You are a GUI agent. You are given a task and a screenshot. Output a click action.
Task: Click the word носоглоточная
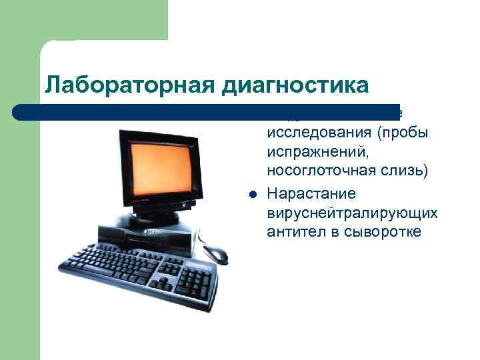(x=311, y=172)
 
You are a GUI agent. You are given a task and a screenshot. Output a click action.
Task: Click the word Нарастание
(x=311, y=193)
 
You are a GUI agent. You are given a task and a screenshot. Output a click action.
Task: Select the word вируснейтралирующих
(x=351, y=213)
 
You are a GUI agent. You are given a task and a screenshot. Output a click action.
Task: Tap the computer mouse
(x=215, y=254)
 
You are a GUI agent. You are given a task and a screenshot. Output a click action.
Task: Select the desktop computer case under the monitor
(x=160, y=237)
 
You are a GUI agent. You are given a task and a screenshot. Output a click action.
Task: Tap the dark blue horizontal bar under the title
(x=133, y=111)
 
